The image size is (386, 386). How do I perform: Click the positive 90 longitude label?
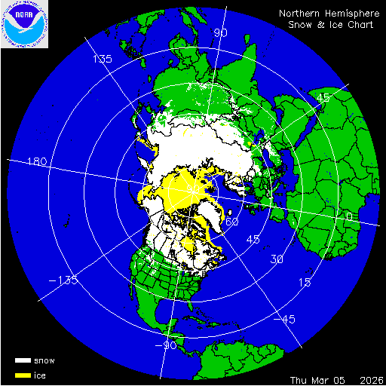pyautogui.click(x=221, y=32)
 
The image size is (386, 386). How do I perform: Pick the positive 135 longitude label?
pyautogui.click(x=103, y=59)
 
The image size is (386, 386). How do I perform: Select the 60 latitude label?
pyautogui.click(x=232, y=222)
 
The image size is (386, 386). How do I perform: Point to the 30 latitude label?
pyautogui.click(x=277, y=259)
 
